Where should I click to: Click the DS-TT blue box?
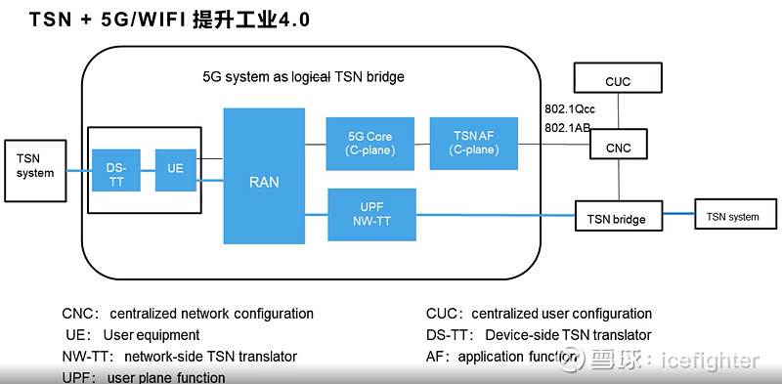tap(116, 168)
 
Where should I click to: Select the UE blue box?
tap(175, 168)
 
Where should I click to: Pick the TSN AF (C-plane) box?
tap(472, 143)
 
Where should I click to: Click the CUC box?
tap(617, 82)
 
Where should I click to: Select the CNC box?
tap(617, 148)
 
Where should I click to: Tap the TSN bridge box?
tap(616, 218)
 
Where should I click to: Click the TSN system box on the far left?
tap(35, 166)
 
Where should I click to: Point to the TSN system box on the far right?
tap(732, 217)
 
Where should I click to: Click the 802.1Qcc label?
tap(570, 108)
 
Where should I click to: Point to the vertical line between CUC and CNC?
tap(617, 115)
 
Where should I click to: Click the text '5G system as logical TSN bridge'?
tap(302, 76)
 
